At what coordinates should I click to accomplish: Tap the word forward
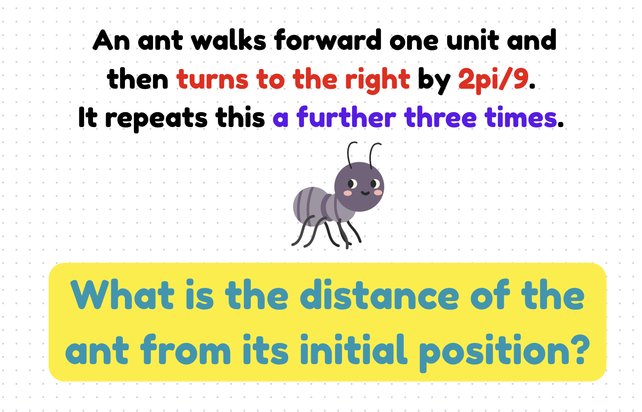[x=328, y=41]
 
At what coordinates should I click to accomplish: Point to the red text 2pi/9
[x=493, y=80]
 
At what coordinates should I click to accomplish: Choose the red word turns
[x=212, y=80]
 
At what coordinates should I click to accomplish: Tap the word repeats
[x=156, y=119]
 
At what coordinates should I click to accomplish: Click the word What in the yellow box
[x=123, y=295]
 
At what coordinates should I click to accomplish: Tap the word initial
[x=353, y=351]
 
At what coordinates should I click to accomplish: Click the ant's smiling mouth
[x=365, y=193]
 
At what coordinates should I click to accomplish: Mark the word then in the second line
[x=138, y=80]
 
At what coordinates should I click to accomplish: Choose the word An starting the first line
[x=111, y=41]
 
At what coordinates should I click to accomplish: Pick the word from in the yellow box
[x=185, y=351]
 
